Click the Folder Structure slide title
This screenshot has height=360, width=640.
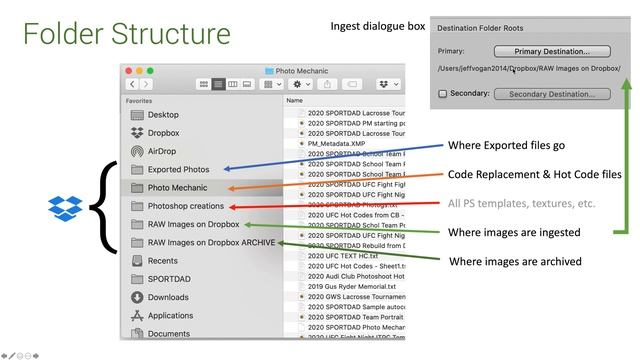click(x=127, y=33)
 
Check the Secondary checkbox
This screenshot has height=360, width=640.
click(x=443, y=94)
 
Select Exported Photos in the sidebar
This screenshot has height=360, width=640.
click(x=178, y=169)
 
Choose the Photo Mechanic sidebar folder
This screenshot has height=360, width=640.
click(x=177, y=187)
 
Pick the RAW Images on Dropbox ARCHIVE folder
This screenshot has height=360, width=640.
click(x=211, y=242)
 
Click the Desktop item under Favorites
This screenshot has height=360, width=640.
click(x=163, y=115)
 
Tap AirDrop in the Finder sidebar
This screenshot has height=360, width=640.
click(x=162, y=151)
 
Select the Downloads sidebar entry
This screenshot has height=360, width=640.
click(x=168, y=297)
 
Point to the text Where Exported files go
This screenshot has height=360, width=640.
click(x=506, y=145)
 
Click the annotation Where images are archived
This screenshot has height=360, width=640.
click(x=515, y=261)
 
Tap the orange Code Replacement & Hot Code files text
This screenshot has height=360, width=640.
click(x=535, y=174)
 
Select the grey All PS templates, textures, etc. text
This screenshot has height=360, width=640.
click(x=521, y=203)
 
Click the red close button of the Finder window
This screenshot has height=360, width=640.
click(x=128, y=71)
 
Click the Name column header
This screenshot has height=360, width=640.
click(x=295, y=101)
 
